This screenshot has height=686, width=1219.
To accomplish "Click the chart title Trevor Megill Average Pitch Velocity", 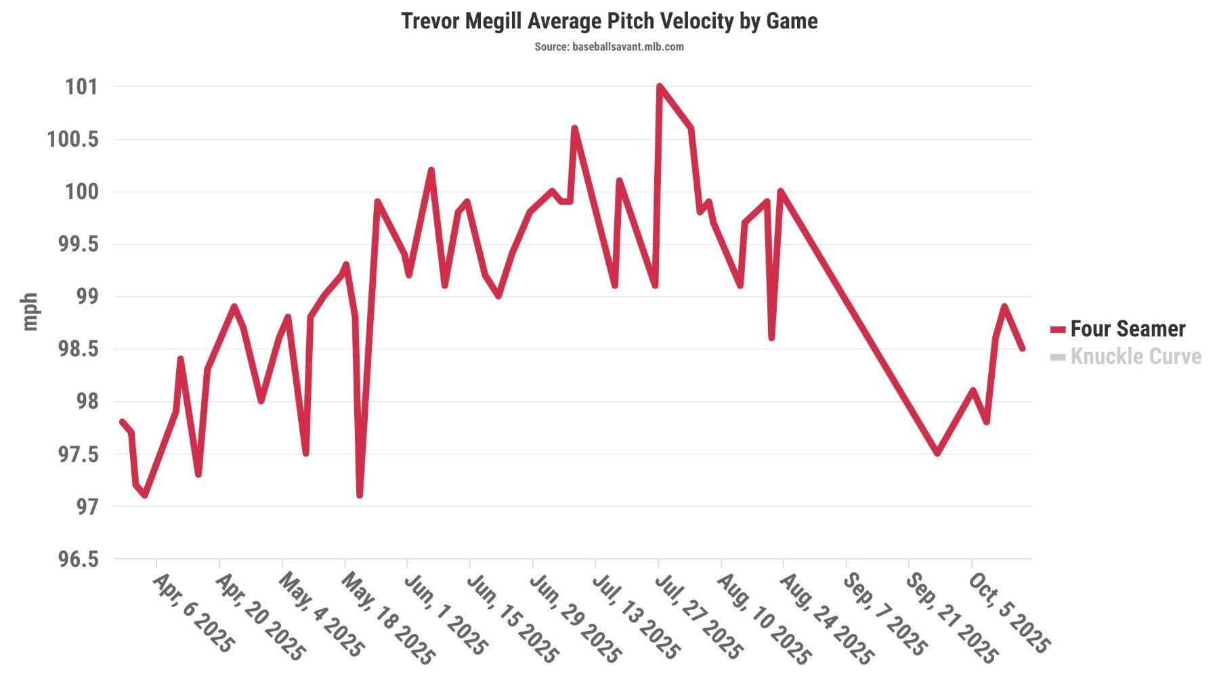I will click(x=609, y=21).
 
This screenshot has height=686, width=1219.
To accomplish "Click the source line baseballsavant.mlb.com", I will click(x=609, y=47).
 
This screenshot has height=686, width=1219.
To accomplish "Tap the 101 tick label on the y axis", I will click(x=81, y=87).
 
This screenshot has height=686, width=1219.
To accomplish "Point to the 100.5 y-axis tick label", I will click(x=72, y=140).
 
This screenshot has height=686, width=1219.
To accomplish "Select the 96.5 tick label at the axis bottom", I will click(x=77, y=559).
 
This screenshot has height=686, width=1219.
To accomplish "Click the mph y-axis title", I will click(x=30, y=312).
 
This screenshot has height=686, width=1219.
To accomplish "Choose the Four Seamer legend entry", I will click(x=1127, y=329).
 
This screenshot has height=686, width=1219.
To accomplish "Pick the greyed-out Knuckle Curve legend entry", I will click(x=1135, y=357).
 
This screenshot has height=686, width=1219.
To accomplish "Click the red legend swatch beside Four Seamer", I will click(x=1057, y=330).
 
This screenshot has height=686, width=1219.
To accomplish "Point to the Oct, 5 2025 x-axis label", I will click(x=1008, y=614).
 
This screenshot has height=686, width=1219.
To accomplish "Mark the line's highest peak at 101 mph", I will click(x=659, y=86).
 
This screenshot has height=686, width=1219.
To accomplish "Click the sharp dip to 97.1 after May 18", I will click(x=360, y=495).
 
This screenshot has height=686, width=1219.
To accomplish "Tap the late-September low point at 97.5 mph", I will click(x=937, y=453).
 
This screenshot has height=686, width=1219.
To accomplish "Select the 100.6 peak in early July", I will click(x=574, y=128).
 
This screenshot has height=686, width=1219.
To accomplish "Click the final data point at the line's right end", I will click(x=1023, y=349).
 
